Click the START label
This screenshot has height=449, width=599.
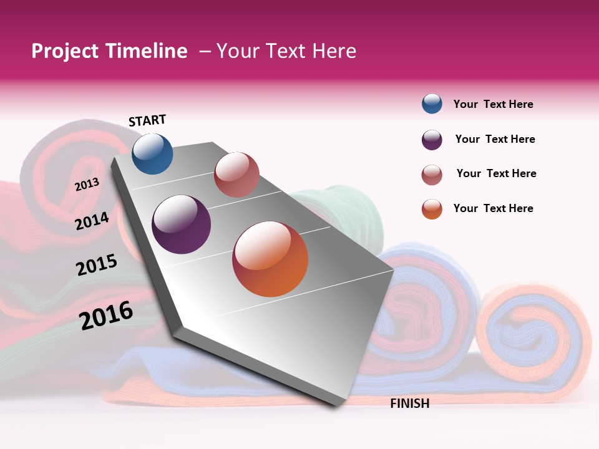tap(147, 120)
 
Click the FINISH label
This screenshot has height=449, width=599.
tap(409, 403)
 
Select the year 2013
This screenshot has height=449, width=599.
tap(87, 184)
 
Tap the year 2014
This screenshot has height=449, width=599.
tap(92, 221)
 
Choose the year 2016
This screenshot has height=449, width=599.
tap(106, 316)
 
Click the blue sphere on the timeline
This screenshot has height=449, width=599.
tap(152, 153)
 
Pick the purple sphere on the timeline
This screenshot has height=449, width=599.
tap(181, 224)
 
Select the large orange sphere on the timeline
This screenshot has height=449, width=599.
tap(270, 259)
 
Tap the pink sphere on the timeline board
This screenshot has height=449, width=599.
tap(236, 175)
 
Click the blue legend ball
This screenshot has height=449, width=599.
tap(432, 104)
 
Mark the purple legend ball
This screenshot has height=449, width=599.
tap(432, 140)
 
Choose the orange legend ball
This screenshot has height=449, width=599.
tap(432, 209)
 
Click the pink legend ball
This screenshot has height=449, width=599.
tap(432, 175)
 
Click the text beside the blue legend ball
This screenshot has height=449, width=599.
tap(493, 104)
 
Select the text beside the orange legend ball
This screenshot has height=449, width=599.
tap(493, 208)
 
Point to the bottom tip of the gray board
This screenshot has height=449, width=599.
tap(337, 406)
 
